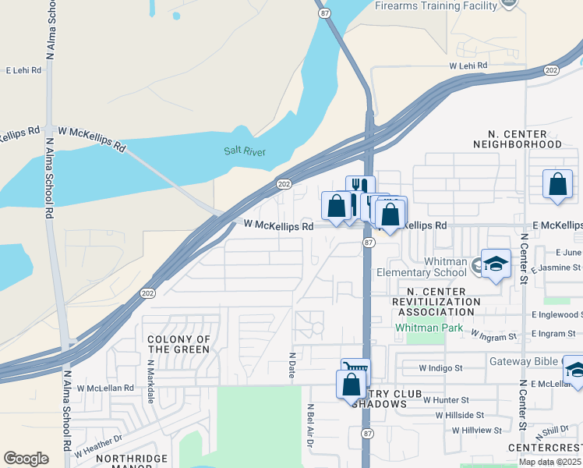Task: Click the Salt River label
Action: [x=244, y=151]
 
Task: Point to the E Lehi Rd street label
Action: [x=23, y=70]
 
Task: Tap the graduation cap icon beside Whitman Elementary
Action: [x=495, y=265]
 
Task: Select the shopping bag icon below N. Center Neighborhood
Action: [x=557, y=186]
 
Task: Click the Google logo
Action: [x=26, y=459]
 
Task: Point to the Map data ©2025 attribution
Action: [x=550, y=462]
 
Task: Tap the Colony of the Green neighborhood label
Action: [x=178, y=344]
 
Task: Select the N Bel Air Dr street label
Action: [x=309, y=425]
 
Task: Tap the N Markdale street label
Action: [x=150, y=381]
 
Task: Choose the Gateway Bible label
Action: [x=525, y=361]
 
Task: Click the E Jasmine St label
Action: [x=556, y=268]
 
